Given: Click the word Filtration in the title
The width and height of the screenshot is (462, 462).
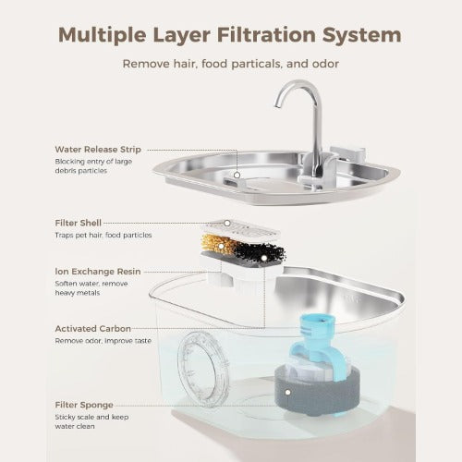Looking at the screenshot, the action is tap(266, 34).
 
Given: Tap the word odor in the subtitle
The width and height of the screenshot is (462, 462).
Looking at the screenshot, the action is tap(326, 64).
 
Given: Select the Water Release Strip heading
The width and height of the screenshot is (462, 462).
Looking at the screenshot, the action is tap(98, 150).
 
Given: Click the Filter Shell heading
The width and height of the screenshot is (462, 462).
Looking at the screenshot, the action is tap(78, 223).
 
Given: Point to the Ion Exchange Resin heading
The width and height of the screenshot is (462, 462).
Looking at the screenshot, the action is tap(98, 272).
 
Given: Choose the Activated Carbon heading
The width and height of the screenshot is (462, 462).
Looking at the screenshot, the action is tap(93, 329).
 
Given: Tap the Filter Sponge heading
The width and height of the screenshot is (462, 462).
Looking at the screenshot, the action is tap(84, 405).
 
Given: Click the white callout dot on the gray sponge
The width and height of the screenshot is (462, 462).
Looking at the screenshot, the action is tap(287, 393).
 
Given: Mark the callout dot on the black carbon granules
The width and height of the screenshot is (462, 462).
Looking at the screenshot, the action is tap(264, 257).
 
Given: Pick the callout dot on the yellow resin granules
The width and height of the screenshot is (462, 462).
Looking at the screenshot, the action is tap(221, 246).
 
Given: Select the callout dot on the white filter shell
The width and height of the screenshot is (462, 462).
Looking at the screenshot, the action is tap(227, 223).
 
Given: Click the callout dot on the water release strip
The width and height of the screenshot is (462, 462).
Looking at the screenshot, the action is tap(237, 175).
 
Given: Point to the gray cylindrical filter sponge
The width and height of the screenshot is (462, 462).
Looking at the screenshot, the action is tap(317, 391).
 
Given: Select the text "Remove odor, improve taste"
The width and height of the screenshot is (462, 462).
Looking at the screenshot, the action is tap(103, 341).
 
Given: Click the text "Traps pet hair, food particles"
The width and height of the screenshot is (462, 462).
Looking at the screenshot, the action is tap(103, 235).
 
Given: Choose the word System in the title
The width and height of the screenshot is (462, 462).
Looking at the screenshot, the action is tap(361, 35).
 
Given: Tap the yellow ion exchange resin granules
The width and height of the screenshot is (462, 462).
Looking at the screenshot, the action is tap(217, 244).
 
